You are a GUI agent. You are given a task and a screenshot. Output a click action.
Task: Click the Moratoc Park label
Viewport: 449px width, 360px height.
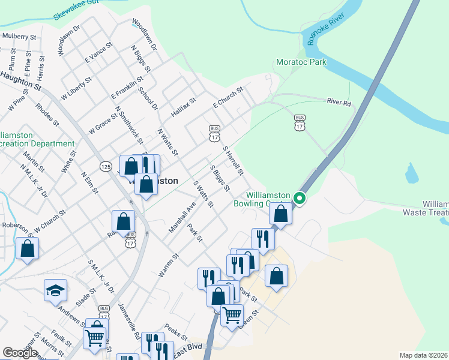[301, 62]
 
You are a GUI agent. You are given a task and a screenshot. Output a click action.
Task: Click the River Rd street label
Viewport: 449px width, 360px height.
[338, 101]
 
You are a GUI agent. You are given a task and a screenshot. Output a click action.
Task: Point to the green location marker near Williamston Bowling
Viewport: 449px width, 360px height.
[300, 199]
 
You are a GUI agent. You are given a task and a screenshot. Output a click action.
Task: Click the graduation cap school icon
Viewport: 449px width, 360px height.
[55, 292]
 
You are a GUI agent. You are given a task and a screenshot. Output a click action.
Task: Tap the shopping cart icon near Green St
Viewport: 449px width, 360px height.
[231, 314]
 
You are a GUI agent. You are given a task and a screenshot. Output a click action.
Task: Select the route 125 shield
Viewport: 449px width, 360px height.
[106, 166]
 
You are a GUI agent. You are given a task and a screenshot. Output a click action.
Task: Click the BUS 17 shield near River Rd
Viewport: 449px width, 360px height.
[300, 123]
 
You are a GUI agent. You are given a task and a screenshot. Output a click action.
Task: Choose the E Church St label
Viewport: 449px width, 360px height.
[227, 98]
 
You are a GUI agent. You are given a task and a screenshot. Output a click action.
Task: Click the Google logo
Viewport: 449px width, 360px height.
[20, 353]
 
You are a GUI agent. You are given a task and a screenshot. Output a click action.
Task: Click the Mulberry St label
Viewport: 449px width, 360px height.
[19, 36]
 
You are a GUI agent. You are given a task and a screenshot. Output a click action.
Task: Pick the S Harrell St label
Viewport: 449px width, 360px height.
[232, 160]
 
